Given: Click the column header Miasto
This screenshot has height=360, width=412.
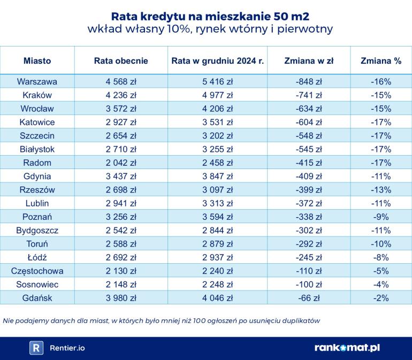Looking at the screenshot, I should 37,61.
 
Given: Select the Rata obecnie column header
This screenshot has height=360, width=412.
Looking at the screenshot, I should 121,61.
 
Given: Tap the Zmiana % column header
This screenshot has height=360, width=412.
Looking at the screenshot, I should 381,61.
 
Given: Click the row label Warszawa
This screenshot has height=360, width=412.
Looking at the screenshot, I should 37,82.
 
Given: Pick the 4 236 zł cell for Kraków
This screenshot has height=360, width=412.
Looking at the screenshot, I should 121,95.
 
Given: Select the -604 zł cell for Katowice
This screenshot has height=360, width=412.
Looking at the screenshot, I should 308,122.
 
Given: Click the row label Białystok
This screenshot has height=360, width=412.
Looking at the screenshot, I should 37,149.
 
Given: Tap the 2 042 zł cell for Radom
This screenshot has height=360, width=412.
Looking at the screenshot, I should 121,163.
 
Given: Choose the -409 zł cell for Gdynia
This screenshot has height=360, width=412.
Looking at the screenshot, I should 308,176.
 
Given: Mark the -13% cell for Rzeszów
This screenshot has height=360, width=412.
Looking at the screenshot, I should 381,189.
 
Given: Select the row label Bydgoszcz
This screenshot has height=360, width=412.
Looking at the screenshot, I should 37,230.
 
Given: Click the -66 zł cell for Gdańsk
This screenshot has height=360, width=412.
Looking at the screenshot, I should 308,297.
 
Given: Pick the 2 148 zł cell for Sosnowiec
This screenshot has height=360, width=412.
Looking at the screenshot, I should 121,284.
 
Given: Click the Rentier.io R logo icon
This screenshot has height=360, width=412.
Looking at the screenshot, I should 36,348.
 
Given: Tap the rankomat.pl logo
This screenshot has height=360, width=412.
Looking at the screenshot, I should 347,348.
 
